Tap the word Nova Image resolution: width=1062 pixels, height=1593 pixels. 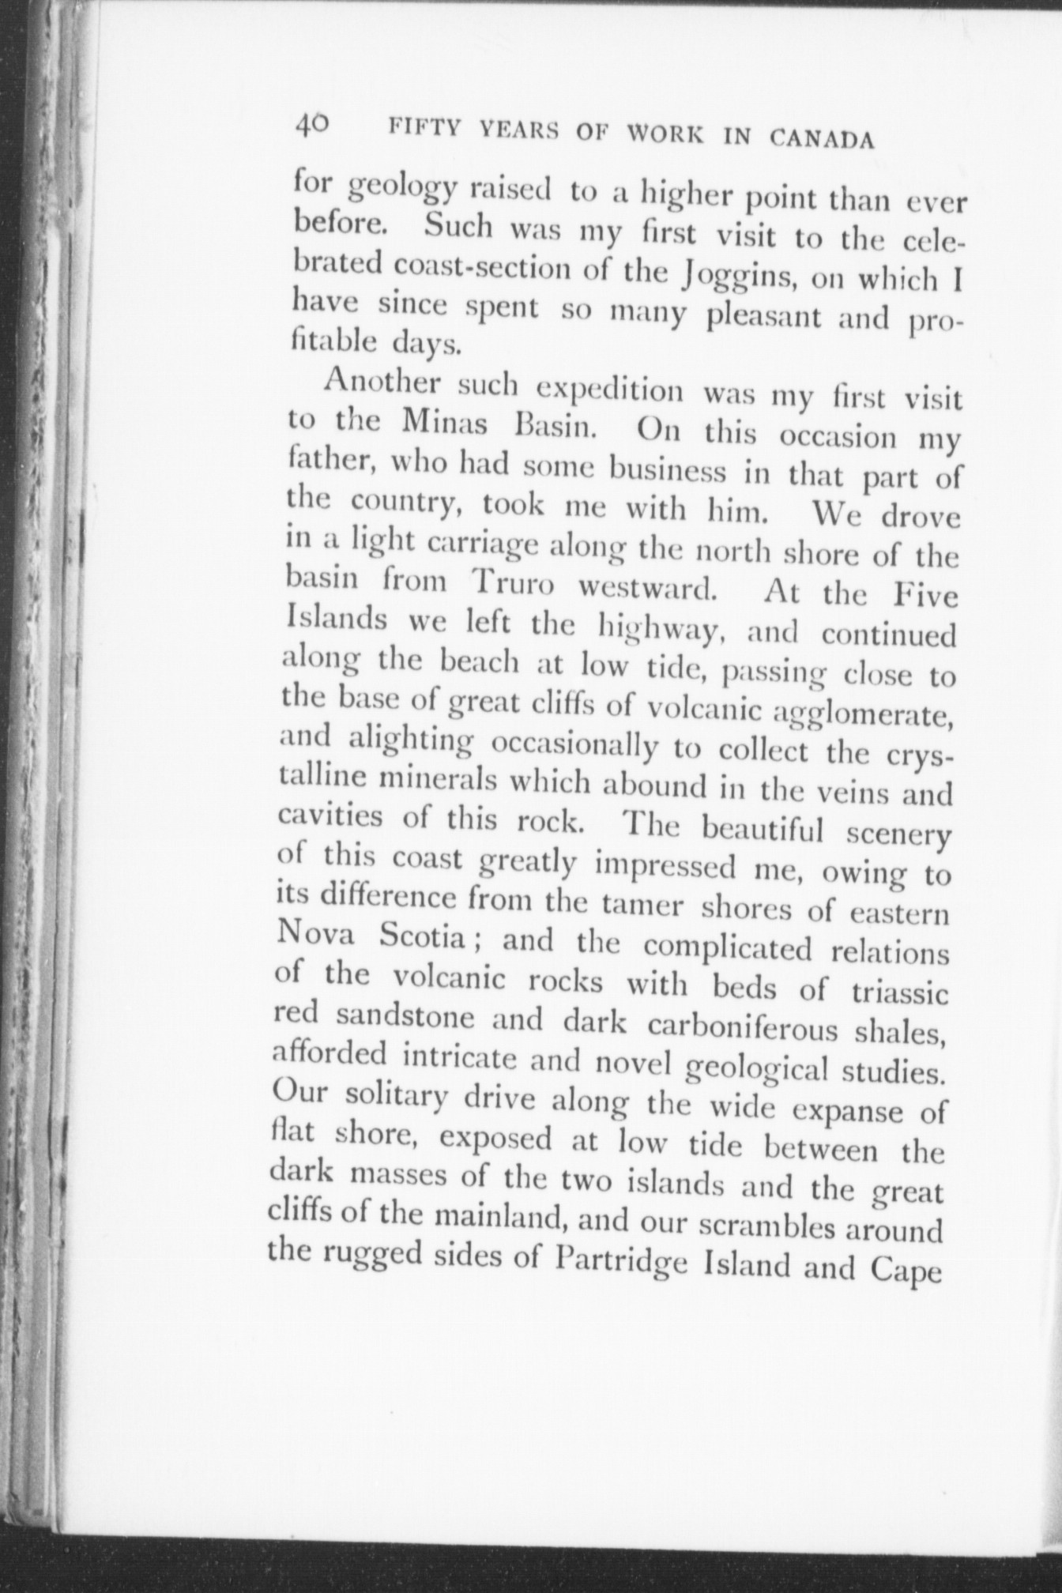pos(315,936)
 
